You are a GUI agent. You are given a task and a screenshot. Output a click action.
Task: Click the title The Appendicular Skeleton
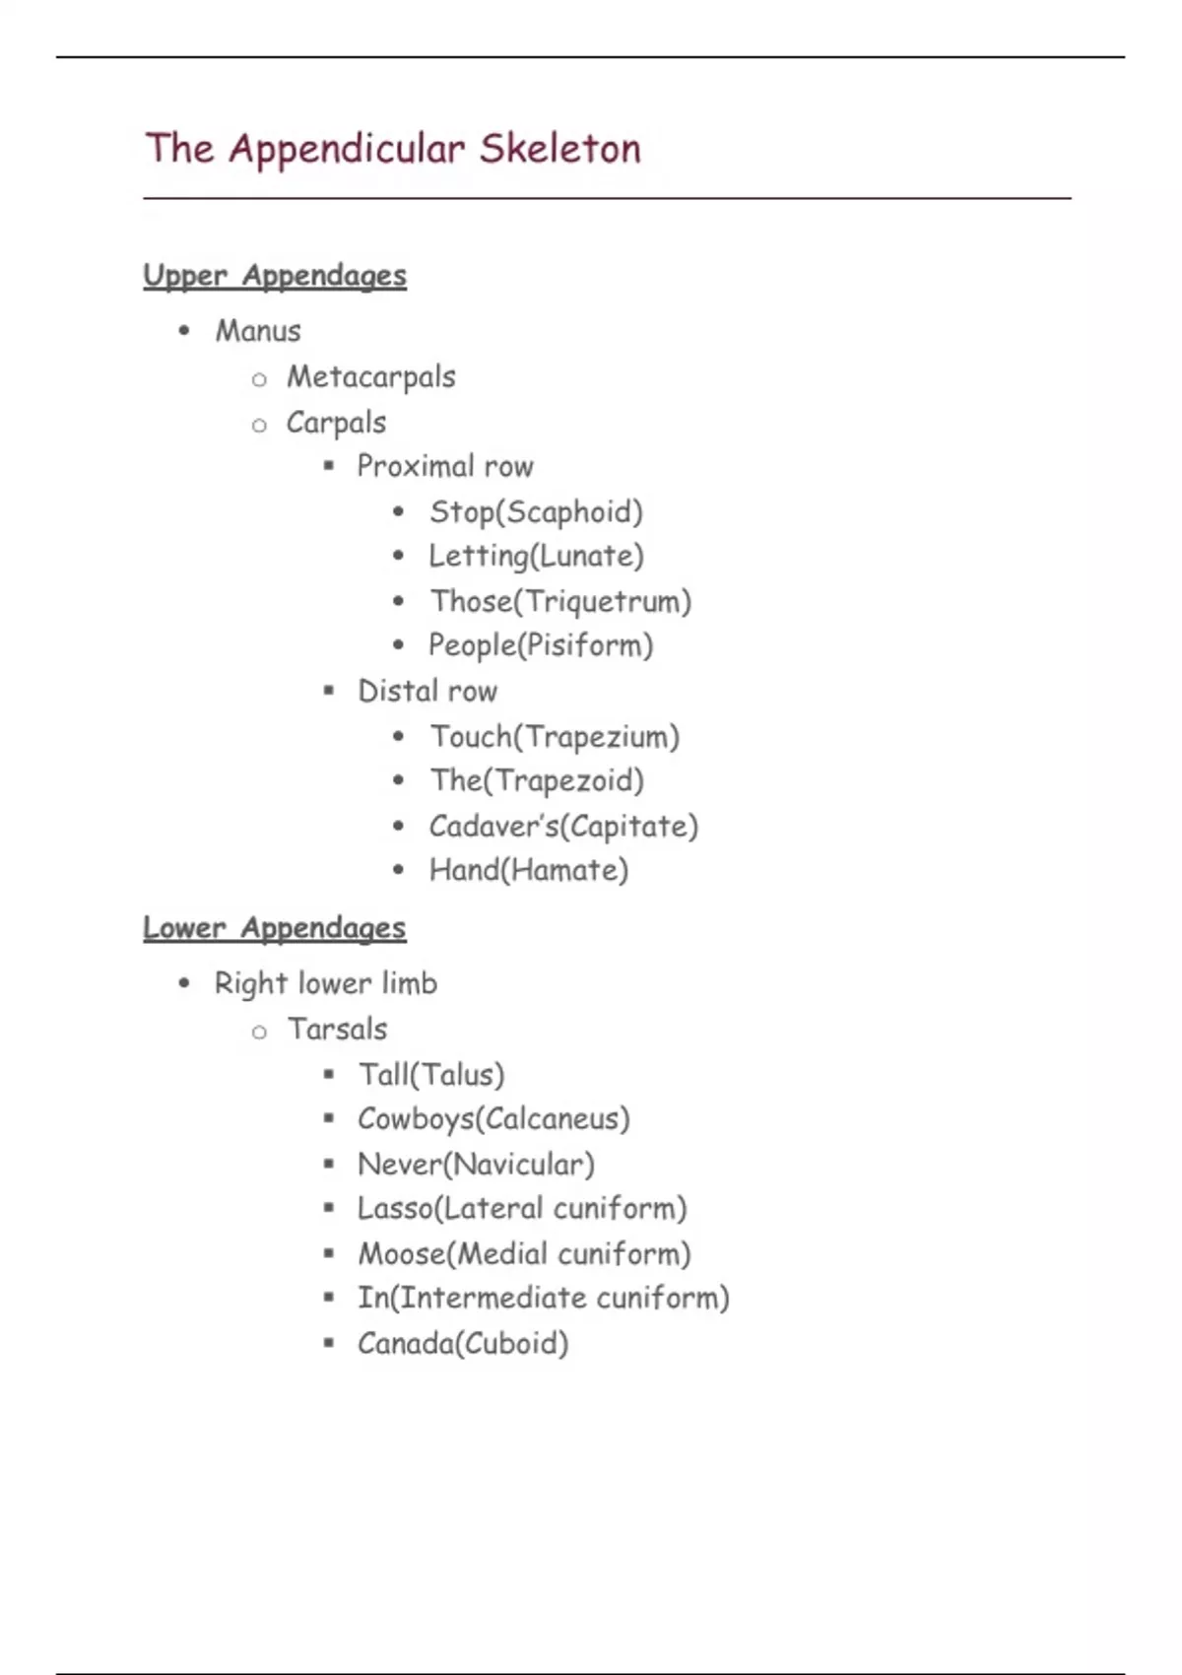[x=393, y=149]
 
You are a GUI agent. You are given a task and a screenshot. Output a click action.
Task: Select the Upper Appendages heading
[x=275, y=276]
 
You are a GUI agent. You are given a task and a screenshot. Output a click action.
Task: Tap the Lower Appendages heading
[x=274, y=928]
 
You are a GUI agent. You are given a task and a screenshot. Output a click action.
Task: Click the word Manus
[x=258, y=331]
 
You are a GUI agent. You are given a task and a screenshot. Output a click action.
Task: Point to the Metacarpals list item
[x=371, y=376]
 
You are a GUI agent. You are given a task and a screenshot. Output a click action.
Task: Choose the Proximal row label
[x=445, y=466]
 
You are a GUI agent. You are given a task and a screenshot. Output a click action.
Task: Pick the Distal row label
[x=427, y=691]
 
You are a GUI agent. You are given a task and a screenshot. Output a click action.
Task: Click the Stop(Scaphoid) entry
[x=536, y=512]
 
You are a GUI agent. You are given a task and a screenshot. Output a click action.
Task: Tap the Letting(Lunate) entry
[x=536, y=557]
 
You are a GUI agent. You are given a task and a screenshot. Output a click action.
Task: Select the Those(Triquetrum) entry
[x=560, y=601]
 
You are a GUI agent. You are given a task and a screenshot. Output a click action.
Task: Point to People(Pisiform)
[x=541, y=645]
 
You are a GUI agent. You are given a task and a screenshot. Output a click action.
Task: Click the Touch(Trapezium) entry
[x=555, y=737]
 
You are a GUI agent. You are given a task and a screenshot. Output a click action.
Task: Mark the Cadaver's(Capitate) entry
[x=563, y=826]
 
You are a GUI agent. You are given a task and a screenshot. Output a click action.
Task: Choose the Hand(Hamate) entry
[x=529, y=870]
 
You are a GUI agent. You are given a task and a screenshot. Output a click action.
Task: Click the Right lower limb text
[x=326, y=983]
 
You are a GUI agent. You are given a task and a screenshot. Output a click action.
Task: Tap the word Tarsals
[x=338, y=1029]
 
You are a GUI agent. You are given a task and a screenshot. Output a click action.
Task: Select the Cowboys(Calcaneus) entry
[x=493, y=1119]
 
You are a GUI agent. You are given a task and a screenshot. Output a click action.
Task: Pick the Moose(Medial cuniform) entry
[x=524, y=1254]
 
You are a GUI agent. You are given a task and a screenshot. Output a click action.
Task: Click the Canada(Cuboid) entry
[x=463, y=1343]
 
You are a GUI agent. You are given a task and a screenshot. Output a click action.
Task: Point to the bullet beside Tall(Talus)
[x=329, y=1074]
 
